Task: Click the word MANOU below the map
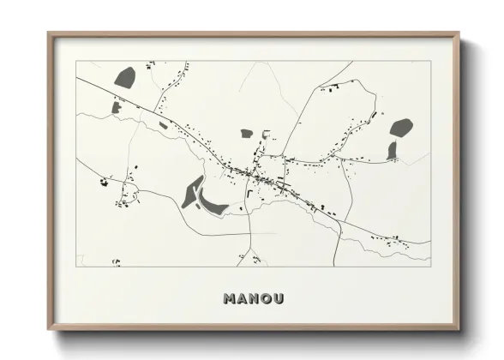pos(253,299)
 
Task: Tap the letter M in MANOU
pos(230,299)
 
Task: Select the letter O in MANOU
pos(265,299)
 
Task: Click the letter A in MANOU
pos(242,299)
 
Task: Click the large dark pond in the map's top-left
pos(126,76)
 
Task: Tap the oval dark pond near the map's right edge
pos(401,128)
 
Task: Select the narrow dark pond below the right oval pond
pos(392,151)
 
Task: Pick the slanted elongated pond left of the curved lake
pos(191,192)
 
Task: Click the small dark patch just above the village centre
pos(247,134)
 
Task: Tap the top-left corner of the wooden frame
pos(49,33)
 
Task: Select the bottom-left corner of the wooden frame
pos(49,329)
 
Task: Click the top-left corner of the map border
pos(76,61)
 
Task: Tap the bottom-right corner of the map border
pos(430,266)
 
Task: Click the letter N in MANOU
pos(253,299)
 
